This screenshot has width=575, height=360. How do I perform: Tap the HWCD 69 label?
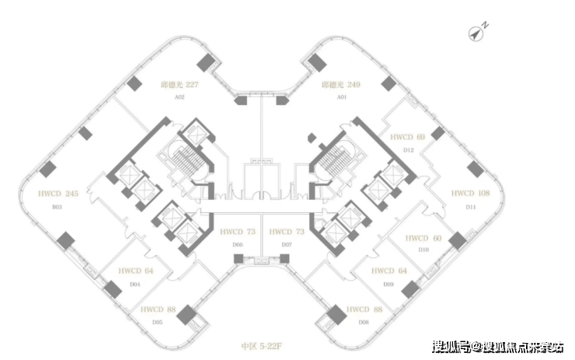click(x=408, y=137)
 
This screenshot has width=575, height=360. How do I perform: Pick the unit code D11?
click(x=470, y=207)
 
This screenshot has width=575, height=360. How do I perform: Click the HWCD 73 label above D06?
click(x=238, y=232)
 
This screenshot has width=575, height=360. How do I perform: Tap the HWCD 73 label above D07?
click(x=286, y=232)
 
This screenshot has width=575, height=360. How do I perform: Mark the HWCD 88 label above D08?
click(x=365, y=309)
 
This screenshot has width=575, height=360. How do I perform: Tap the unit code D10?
click(x=423, y=250)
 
